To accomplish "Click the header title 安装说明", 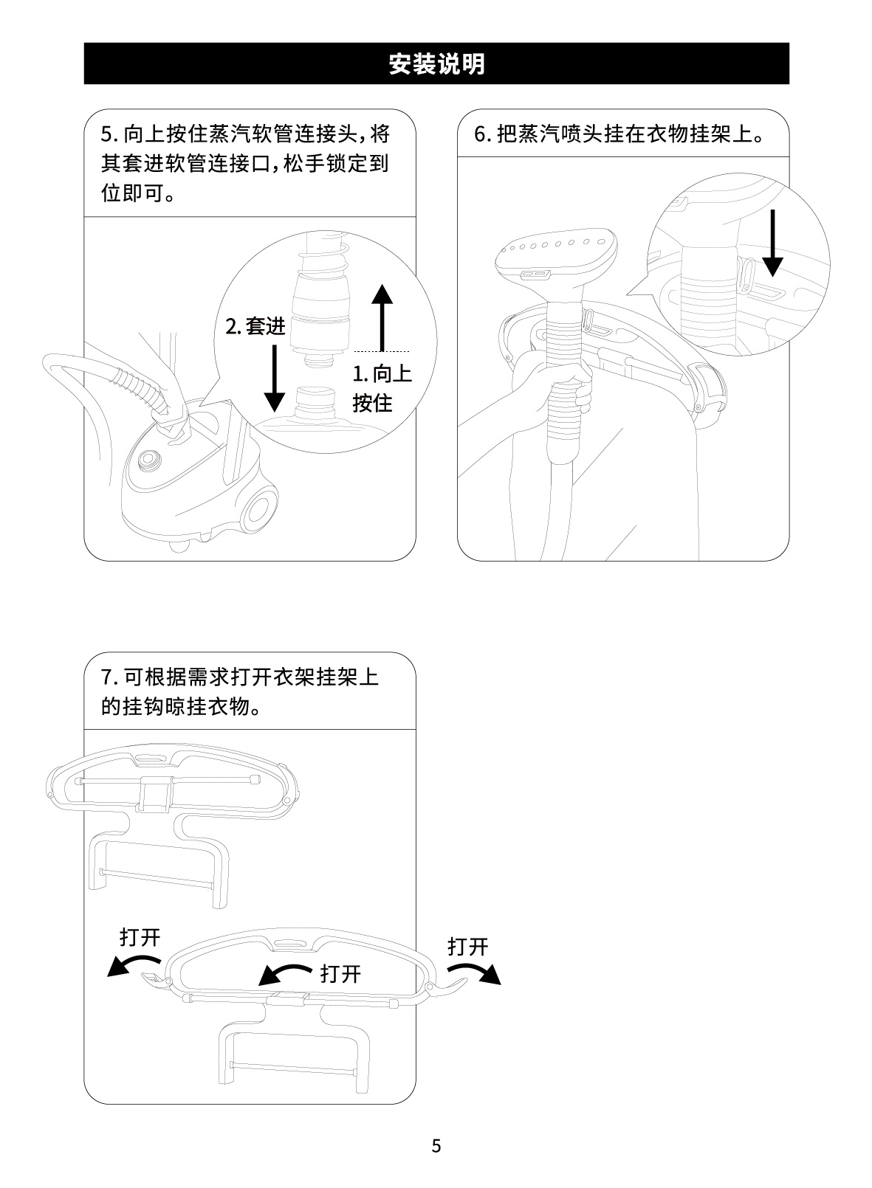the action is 436,63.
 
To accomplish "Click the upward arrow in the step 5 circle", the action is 382,317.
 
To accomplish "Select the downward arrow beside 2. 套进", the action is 275,378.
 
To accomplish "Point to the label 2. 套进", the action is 255,326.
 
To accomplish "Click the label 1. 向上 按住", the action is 382,388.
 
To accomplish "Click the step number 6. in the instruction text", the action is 482,134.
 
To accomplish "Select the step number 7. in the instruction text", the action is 109,677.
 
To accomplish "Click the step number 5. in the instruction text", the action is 109,134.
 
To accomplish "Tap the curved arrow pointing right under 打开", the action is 474,974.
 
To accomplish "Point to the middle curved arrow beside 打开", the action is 285,973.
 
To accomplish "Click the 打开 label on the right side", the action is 467,947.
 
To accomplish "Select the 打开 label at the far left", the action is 140,938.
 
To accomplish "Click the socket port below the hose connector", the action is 315,401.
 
